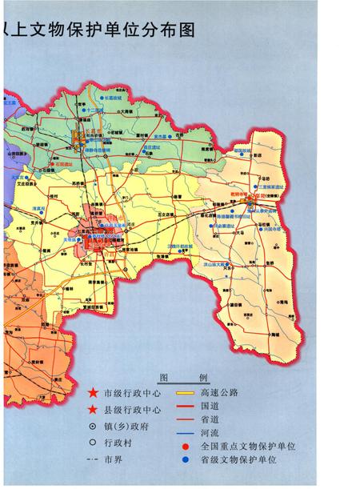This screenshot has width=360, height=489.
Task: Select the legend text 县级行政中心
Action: (132, 409)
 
